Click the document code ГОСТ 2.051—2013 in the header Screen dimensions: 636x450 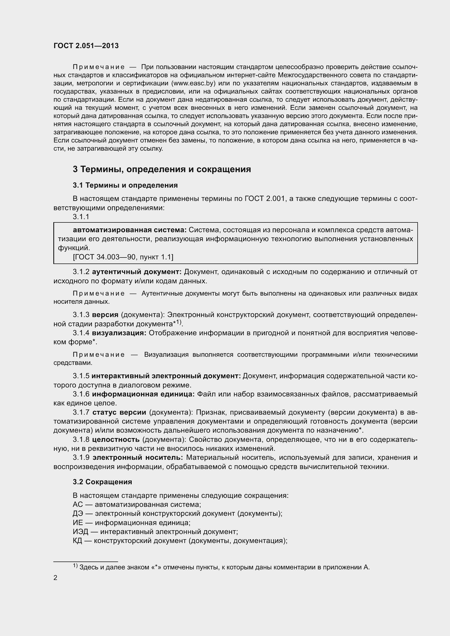coord(86,46)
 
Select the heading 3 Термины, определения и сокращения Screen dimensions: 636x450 coord(162,169)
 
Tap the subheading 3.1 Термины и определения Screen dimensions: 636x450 coord(125,185)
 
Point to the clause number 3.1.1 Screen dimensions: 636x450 coord(81,217)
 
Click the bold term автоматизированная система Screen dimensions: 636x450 coord(130,230)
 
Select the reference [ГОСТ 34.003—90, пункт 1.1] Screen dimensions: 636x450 coord(123,257)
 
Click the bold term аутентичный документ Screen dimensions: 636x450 coord(137,272)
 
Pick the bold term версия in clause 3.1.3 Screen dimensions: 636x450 coord(105,315)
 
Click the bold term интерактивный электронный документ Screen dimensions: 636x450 coord(166,376)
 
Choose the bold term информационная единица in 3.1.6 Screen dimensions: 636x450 coord(143,394)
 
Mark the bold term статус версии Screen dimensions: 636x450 coord(119,412)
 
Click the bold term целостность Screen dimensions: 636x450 coord(116,439)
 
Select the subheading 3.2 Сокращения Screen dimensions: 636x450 coord(103,482)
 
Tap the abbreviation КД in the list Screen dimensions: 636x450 coord(77,541)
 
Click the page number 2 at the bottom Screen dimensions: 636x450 coord(56,578)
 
